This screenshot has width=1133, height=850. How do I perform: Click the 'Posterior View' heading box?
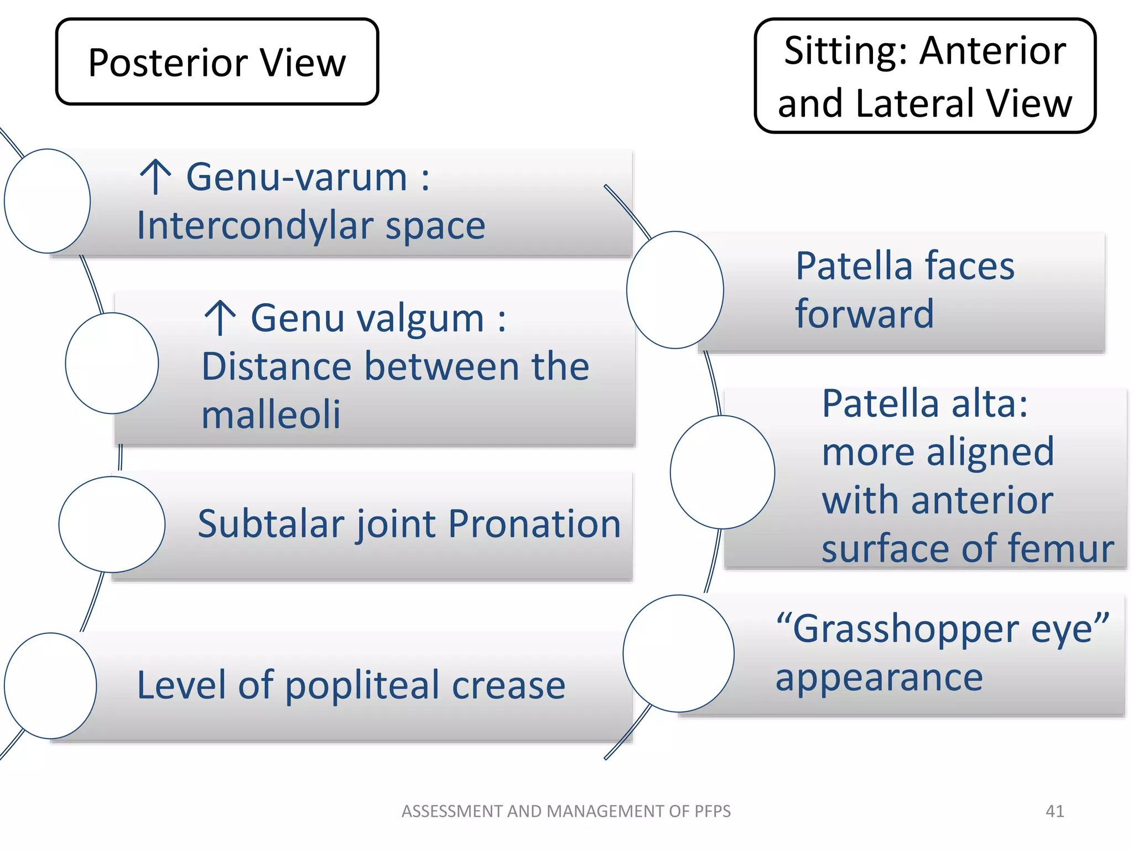pos(217,61)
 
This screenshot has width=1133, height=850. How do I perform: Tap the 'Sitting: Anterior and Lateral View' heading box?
pos(924,76)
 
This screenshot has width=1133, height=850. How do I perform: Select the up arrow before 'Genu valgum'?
pos(220,318)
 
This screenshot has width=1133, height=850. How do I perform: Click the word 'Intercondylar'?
pos(254,226)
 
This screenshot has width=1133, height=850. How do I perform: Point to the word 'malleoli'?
pos(271,414)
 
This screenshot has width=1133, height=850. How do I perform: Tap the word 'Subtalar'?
pos(271,524)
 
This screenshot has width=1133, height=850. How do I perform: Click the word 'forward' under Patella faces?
pos(864,314)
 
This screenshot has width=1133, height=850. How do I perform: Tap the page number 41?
pos(1054,811)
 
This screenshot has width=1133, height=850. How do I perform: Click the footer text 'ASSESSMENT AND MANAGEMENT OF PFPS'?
pos(566,811)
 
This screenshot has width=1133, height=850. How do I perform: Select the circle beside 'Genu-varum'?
pos(48,201)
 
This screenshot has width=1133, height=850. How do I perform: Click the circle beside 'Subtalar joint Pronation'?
pos(112,524)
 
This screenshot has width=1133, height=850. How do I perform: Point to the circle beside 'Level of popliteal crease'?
pos(50,686)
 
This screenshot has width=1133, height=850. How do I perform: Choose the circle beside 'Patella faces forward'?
pos(675,290)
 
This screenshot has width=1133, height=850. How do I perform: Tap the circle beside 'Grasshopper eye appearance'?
pos(678,654)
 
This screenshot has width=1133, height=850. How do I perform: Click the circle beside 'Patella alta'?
pos(722,472)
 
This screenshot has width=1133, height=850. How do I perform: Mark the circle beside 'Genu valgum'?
pos(112,363)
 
